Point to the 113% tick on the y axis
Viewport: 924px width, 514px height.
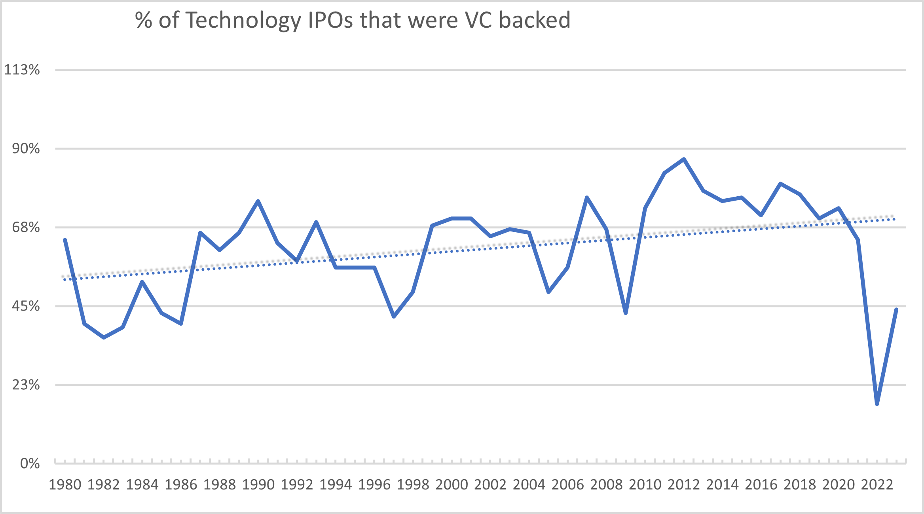(x=22, y=70)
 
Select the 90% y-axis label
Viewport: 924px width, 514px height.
(x=26, y=149)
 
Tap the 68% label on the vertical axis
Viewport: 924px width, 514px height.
(x=26, y=228)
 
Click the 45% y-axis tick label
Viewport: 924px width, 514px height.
(x=26, y=306)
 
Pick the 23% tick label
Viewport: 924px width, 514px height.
(x=26, y=385)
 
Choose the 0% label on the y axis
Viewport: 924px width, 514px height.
(x=30, y=463)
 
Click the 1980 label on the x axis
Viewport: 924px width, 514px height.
(x=65, y=485)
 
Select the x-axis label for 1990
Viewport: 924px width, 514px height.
(x=258, y=485)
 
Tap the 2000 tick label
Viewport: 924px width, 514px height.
(x=452, y=485)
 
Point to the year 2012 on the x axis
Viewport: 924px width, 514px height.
(x=684, y=485)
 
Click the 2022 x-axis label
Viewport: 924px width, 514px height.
(x=877, y=485)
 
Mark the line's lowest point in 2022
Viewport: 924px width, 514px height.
(x=877, y=404)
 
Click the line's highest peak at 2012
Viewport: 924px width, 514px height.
(x=684, y=159)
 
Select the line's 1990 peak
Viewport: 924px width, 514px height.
(x=258, y=201)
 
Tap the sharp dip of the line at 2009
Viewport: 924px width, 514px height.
(x=626, y=313)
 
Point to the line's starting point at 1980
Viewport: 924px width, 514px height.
(x=65, y=240)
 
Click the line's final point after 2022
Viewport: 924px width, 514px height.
(x=896, y=309)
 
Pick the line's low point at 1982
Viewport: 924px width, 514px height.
(x=104, y=338)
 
